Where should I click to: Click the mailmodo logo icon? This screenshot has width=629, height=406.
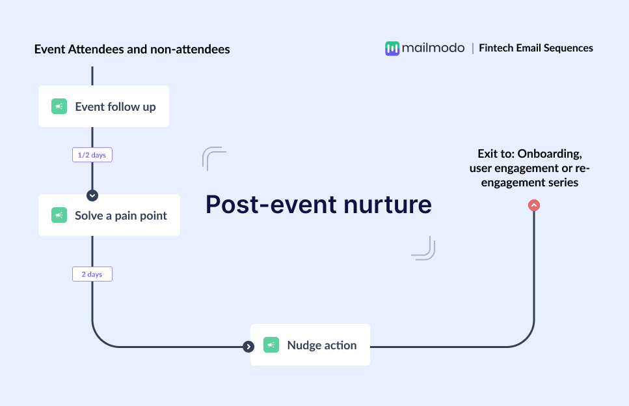pos(392,48)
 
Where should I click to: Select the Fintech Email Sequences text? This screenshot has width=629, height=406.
pos(536,48)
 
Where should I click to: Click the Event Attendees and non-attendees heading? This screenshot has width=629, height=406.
pos(132,49)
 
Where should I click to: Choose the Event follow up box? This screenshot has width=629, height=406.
pos(103,106)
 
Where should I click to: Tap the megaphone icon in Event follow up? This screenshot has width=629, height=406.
pos(59,106)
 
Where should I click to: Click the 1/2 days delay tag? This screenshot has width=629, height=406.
pos(92,155)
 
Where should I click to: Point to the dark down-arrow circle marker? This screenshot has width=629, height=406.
pos(92,195)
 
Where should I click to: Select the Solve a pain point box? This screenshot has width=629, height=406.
pos(109,215)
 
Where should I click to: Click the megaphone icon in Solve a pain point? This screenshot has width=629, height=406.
pos(59,215)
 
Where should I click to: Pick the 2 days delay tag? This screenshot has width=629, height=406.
pos(92,274)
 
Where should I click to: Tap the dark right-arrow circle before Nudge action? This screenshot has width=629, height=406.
pos(248,347)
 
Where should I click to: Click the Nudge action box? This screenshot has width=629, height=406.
pos(310,345)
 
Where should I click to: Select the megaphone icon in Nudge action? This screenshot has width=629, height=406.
pos(271,345)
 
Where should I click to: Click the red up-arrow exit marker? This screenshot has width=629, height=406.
pos(534,205)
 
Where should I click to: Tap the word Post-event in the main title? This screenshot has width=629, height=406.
pos(270,205)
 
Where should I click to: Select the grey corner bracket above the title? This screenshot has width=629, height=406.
pos(213,158)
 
